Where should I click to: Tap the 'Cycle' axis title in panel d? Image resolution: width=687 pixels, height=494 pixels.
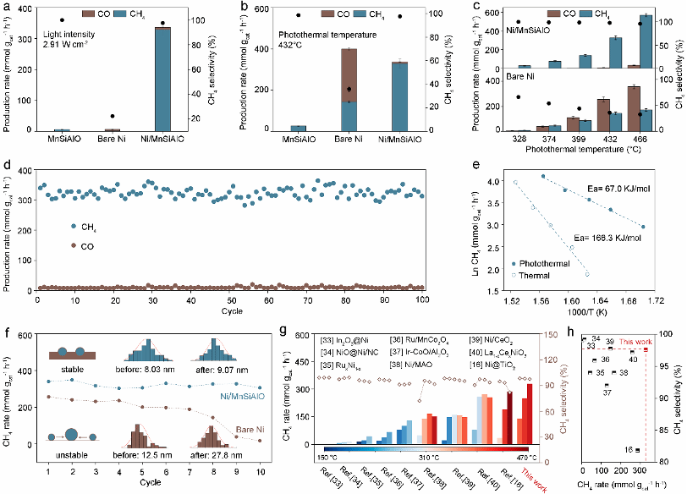(x=232, y=311)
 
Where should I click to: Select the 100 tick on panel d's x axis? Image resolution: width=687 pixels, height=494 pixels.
(x=422, y=300)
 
